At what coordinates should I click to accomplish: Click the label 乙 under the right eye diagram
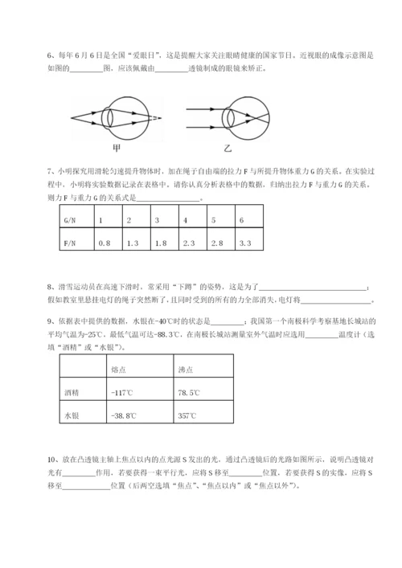click(x=228, y=147)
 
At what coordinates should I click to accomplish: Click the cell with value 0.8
click(x=104, y=242)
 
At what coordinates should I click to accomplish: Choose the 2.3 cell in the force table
click(x=189, y=242)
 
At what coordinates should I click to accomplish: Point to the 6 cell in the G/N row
click(x=241, y=219)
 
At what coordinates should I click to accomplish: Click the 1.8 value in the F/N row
click(x=160, y=242)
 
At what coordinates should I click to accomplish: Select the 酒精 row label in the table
click(x=72, y=393)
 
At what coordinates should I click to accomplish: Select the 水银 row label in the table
click(x=72, y=416)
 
